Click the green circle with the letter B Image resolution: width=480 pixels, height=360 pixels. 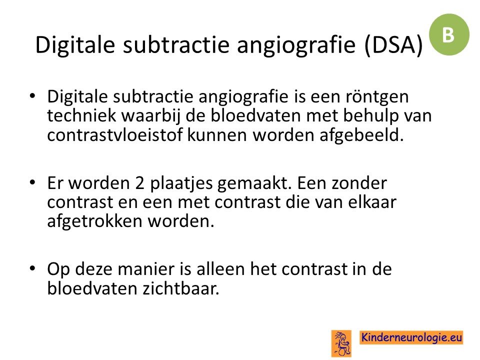pyautogui.click(x=449, y=34)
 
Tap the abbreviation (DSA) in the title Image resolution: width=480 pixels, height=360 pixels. pyautogui.click(x=393, y=45)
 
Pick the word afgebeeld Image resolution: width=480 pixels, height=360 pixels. pyautogui.click(x=361, y=135)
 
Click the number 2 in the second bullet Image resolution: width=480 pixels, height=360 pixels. pyautogui.click(x=139, y=183)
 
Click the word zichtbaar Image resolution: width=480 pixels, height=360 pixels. pyautogui.click(x=181, y=288)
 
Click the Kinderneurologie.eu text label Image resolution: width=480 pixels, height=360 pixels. pyautogui.click(x=411, y=337)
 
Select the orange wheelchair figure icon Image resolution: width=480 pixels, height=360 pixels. pyautogui.click(x=341, y=343)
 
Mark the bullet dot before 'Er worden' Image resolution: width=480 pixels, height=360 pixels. pyautogui.click(x=32, y=182)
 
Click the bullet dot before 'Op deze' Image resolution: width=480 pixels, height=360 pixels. pyautogui.click(x=32, y=268)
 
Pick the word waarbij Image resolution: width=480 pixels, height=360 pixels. pyautogui.click(x=150, y=116)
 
